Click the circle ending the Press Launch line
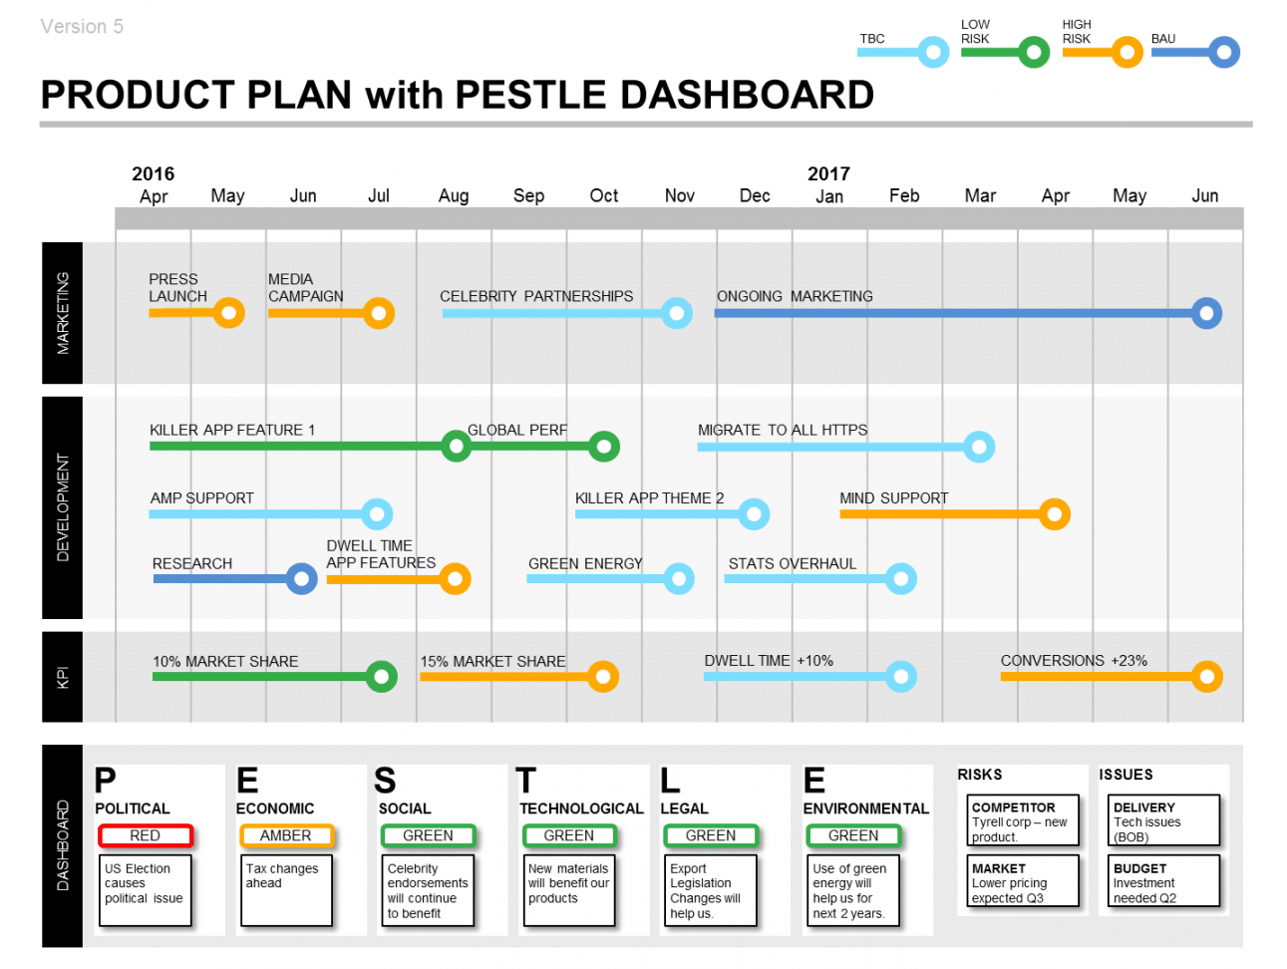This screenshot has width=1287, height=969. tap(228, 313)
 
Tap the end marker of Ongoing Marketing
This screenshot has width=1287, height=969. tap(1206, 313)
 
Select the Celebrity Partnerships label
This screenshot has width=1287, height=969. tap(536, 296)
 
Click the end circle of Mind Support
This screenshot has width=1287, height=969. tap(1054, 514)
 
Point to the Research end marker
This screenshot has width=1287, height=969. tap(301, 578)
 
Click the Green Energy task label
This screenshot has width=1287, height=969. tap(585, 563)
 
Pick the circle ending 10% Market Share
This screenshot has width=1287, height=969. tap(381, 677)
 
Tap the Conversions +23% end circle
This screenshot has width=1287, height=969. tap(1206, 677)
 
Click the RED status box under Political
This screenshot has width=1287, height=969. tap(146, 835)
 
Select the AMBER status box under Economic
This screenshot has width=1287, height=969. tap(286, 835)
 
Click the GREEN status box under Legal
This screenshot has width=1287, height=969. tap(710, 835)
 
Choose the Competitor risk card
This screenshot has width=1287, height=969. tap(1023, 821)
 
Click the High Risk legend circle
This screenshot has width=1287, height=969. tap(1126, 52)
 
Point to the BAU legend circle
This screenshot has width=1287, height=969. tap(1224, 52)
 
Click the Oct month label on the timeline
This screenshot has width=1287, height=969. tap(603, 195)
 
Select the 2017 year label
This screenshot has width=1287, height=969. tap(828, 173)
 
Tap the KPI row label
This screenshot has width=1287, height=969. tap(62, 677)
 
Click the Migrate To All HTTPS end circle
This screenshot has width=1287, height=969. tap(979, 447)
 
